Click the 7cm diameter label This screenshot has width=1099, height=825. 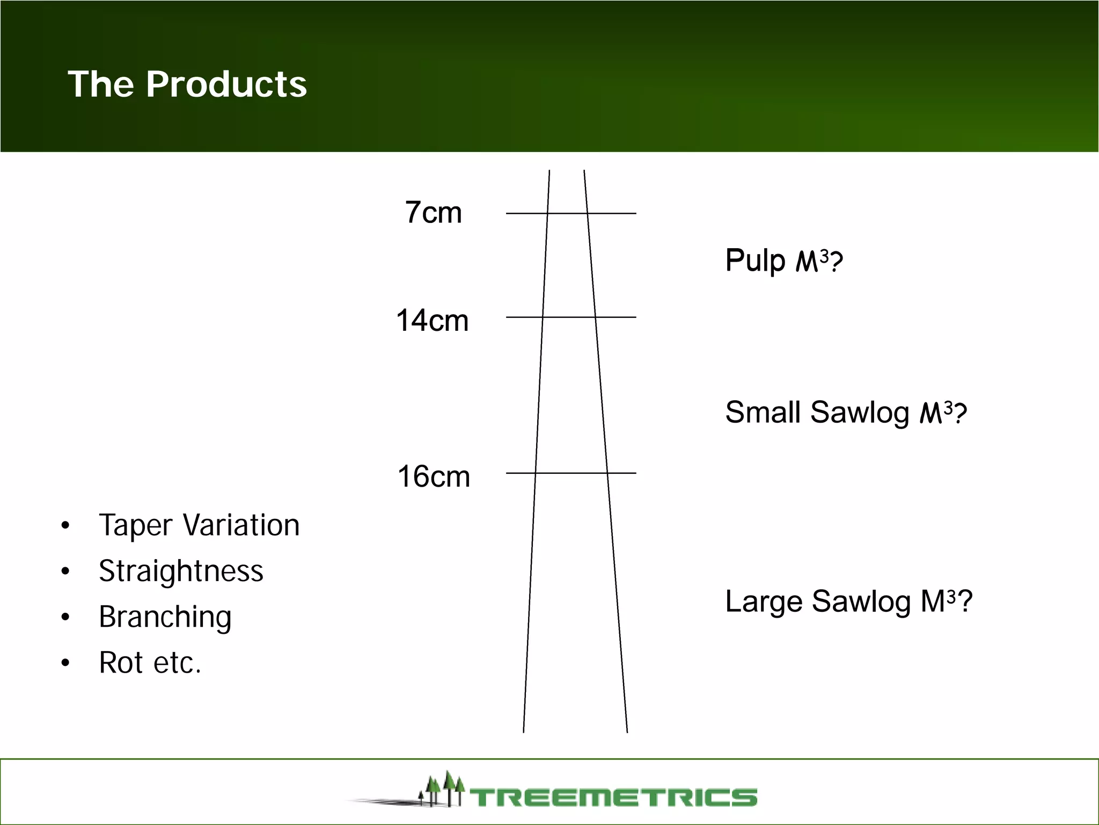pyautogui.click(x=433, y=213)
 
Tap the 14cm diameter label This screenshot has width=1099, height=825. pyautogui.click(x=432, y=321)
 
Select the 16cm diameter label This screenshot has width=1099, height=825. pyautogui.click(x=434, y=476)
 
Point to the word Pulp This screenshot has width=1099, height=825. pyautogui.click(x=755, y=261)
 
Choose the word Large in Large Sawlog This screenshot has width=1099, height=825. pyautogui.click(x=764, y=601)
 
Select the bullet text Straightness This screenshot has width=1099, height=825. pyautogui.click(x=181, y=570)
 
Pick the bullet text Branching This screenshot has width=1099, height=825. pyautogui.click(x=165, y=617)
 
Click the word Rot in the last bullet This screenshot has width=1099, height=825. pyautogui.click(x=121, y=662)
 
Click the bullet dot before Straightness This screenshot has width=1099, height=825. pyautogui.click(x=65, y=571)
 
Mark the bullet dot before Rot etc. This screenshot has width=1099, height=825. pyautogui.click(x=65, y=663)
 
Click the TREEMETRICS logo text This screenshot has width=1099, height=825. pyautogui.click(x=614, y=797)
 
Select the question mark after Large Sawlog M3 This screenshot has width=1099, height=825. pyautogui.click(x=965, y=601)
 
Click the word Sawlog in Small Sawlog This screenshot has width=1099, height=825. pyautogui.click(x=860, y=412)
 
